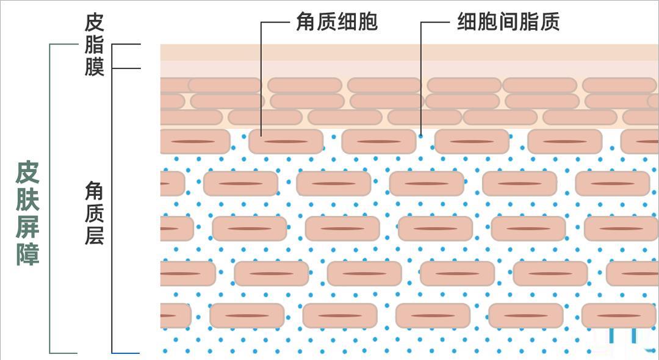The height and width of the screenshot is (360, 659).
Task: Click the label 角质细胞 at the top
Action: pyautogui.click(x=337, y=21)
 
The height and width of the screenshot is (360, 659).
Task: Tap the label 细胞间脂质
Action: pyautogui.click(x=508, y=21)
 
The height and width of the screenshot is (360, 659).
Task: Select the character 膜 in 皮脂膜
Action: pyautogui.click(x=94, y=67)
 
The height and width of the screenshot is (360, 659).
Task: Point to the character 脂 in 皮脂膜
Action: pyautogui.click(x=94, y=45)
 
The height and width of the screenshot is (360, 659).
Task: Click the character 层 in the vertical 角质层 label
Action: pyautogui.click(x=94, y=235)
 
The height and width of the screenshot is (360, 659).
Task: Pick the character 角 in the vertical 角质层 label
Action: pyautogui.click(x=94, y=191)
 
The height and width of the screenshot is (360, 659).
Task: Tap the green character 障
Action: pyautogui.click(x=27, y=254)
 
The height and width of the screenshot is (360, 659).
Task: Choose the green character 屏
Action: pyautogui.click(x=27, y=227)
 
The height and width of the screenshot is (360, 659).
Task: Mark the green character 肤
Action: pyautogui.click(x=27, y=200)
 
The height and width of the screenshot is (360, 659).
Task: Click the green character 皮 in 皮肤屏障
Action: pyautogui.click(x=27, y=172)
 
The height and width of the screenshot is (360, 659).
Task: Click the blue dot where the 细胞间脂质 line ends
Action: pyautogui.click(x=420, y=135)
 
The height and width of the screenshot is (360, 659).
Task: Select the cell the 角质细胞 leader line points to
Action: pyautogui.click(x=286, y=142)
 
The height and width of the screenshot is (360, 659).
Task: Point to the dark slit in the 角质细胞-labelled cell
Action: pyautogui.click(x=286, y=142)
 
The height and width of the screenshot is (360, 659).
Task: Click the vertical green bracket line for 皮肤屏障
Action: pyautogui.click(x=50, y=198)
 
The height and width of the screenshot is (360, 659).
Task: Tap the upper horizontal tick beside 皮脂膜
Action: pyautogui.click(x=126, y=44)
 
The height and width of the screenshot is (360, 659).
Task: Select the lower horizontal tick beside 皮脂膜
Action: pyautogui.click(x=126, y=68)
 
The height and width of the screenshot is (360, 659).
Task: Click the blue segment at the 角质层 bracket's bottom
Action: pyautogui.click(x=125, y=353)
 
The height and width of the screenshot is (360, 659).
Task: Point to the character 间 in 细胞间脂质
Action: pyautogui.click(x=508, y=21)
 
